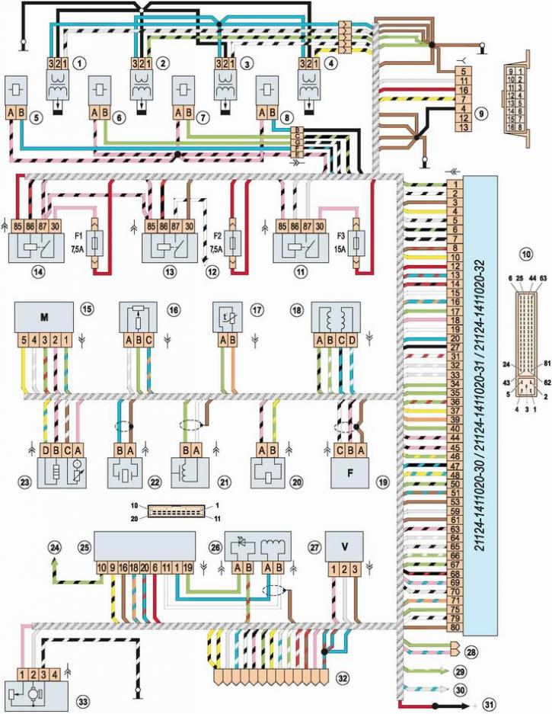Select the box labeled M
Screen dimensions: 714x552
(44, 315)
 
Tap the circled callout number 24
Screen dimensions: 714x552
(54, 546)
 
